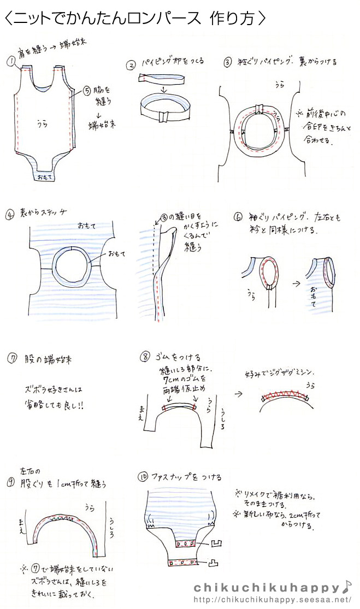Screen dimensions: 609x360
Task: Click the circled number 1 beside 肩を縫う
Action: pyautogui.click(x=10, y=61)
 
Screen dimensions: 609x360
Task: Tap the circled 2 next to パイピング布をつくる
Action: pyautogui.click(x=131, y=64)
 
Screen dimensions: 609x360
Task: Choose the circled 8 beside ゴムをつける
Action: pyautogui.click(x=145, y=357)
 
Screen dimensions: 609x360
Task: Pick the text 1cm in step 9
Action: pyautogui.click(x=61, y=484)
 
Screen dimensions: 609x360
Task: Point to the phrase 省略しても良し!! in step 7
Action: pyautogui.click(x=55, y=406)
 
